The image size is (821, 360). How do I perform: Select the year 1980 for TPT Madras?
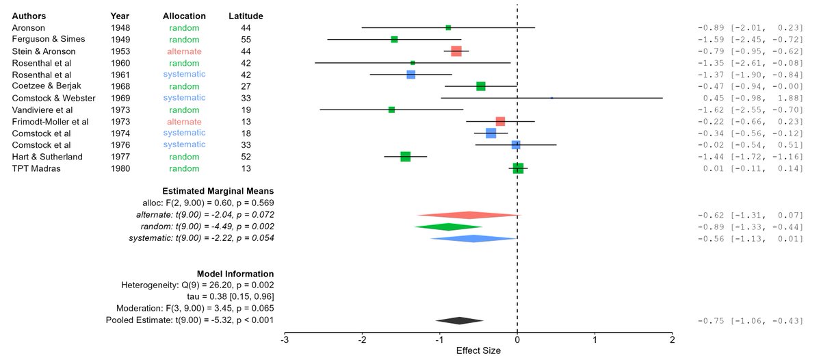[122, 168]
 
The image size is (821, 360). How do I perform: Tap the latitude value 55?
[246, 40]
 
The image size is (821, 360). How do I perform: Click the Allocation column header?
[184, 16]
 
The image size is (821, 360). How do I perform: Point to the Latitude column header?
[246, 16]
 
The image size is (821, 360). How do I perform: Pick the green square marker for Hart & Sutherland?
[405, 157]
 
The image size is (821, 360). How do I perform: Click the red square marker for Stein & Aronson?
[456, 51]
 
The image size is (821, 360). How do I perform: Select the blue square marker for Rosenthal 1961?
[410, 75]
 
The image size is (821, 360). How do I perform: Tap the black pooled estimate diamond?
[459, 320]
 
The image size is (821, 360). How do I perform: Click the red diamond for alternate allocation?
[469, 215]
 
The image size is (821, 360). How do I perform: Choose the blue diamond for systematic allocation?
[473, 238]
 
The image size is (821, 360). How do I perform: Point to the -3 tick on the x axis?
[284, 339]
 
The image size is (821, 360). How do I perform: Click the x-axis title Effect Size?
[478, 350]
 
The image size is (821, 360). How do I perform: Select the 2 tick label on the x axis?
[673, 339]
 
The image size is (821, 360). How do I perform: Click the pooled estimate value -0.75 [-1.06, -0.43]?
[750, 320]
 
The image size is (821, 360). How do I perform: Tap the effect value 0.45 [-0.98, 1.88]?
[750, 98]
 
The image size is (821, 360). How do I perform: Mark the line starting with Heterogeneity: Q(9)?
[198, 285]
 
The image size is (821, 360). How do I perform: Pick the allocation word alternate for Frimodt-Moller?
[184, 121]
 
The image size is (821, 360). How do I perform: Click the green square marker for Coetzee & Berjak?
[481, 86]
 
